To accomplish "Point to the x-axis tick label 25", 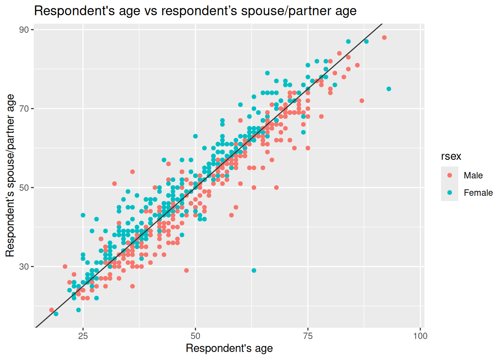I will pyautogui.click(x=83, y=336).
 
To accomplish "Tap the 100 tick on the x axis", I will pyautogui.click(x=420, y=336).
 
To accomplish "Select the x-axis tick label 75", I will pyautogui.click(x=307, y=336).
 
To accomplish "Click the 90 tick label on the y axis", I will pyautogui.click(x=24, y=30).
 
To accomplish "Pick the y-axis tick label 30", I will pyautogui.click(x=24, y=267).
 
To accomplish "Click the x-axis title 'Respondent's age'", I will pyautogui.click(x=229, y=348).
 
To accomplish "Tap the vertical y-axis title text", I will pyautogui.click(x=10, y=175).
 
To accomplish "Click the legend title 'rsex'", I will pyautogui.click(x=451, y=156).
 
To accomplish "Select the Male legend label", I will pyautogui.click(x=473, y=175).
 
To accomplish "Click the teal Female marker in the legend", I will pyautogui.click(x=450, y=193).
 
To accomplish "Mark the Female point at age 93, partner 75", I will pyautogui.click(x=389, y=89).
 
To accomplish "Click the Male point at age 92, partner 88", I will pyautogui.click(x=384, y=37).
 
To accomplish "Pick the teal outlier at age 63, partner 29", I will pyautogui.click(x=254, y=270).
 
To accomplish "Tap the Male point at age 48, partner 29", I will pyautogui.click(x=186, y=270).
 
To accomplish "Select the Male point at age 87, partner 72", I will pyautogui.click(x=362, y=101).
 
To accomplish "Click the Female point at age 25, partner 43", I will pyautogui.click(x=83, y=215).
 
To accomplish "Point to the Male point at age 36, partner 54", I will pyautogui.click(x=132, y=172).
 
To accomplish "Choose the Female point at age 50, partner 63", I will pyautogui.click(x=195, y=136).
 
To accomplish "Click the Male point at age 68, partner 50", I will pyautogui.click(x=276, y=187).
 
